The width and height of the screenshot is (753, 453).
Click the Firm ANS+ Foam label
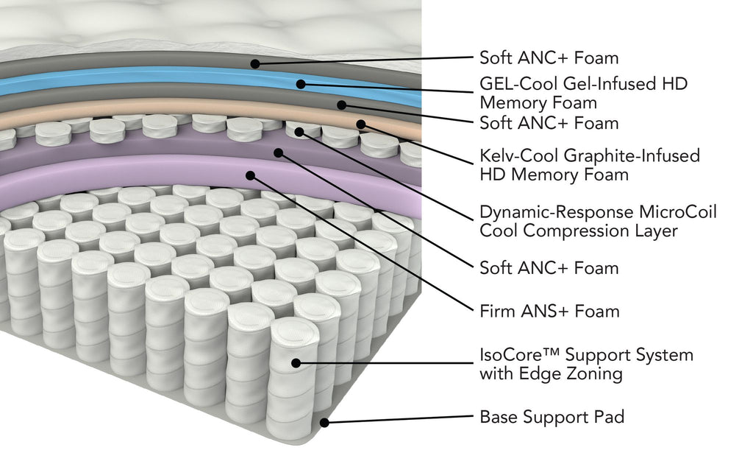click(549, 311)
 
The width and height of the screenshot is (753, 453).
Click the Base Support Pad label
click(552, 417)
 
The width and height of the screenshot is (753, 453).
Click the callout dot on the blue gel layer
click(301, 84)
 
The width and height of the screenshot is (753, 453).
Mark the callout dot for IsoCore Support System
click(296, 362)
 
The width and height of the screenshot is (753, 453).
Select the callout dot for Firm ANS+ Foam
click(251, 176)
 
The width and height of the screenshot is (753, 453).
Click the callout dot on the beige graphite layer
click(360, 124)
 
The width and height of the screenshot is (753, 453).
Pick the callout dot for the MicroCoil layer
click(299, 132)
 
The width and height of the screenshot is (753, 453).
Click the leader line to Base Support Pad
click(397, 420)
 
